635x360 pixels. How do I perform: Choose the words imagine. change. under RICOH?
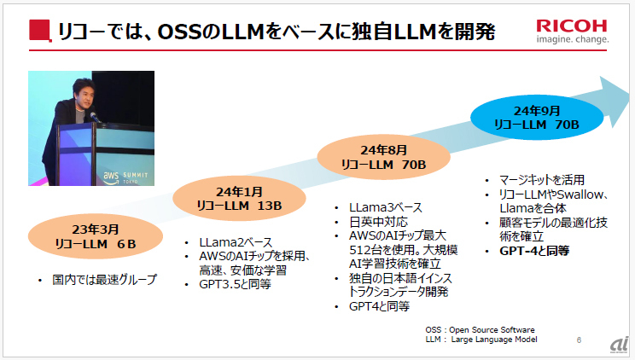573,39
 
